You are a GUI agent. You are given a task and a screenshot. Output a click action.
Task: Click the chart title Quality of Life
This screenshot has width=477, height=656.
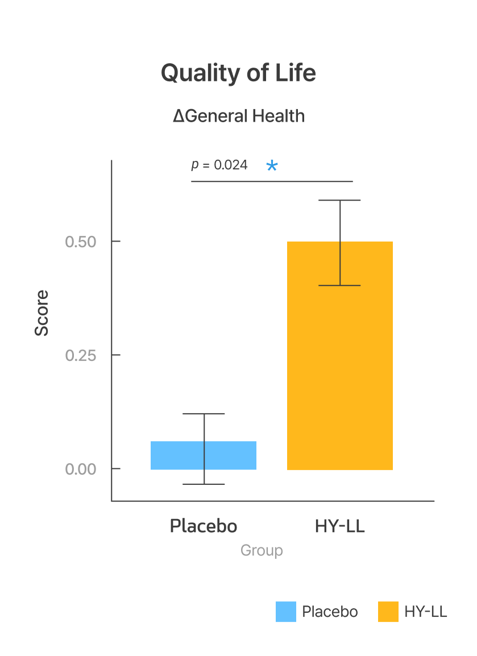click(238, 73)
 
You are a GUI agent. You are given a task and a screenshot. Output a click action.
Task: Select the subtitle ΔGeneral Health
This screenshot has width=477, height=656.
click(239, 116)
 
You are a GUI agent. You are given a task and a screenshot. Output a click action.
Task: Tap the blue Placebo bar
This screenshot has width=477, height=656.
click(171, 455)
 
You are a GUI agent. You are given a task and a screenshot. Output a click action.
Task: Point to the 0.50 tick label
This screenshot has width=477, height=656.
click(80, 242)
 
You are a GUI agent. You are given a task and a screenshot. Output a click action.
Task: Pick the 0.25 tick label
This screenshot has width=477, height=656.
click(80, 355)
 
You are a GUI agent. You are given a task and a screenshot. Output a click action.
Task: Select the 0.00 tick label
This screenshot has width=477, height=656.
click(80, 469)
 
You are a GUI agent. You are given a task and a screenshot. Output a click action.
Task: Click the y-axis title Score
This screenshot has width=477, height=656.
click(42, 313)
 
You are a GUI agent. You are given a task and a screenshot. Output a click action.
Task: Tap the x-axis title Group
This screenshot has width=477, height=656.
click(262, 550)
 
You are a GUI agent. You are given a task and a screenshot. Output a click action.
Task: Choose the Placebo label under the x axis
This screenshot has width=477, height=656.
click(204, 526)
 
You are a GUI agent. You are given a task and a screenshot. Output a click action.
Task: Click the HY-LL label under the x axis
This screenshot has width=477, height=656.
click(339, 526)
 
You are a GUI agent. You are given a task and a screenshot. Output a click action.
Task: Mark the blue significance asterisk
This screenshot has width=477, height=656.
click(272, 166)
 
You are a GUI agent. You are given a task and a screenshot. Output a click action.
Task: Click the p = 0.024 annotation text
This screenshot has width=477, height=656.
click(219, 165)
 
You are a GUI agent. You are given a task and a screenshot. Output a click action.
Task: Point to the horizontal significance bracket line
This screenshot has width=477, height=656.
click(272, 181)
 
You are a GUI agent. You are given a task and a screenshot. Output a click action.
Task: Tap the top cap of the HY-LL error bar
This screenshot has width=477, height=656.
click(340, 200)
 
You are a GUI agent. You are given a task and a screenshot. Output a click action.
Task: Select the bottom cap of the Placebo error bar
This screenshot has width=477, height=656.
click(204, 484)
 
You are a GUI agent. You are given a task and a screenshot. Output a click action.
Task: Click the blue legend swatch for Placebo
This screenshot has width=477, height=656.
click(286, 612)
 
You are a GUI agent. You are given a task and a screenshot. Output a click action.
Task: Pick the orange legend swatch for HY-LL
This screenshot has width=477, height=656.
click(388, 612)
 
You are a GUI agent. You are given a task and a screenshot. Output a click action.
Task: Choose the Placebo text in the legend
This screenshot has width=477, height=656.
click(330, 612)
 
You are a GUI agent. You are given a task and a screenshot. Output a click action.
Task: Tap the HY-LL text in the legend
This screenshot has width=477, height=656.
click(426, 612)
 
